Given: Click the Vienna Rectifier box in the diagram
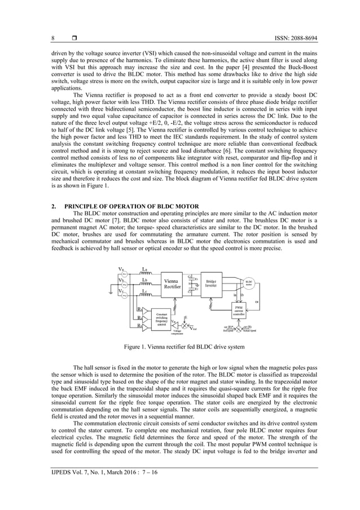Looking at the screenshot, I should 172,284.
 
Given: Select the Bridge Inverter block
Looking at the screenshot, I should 211,284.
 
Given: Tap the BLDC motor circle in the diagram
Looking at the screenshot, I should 249,282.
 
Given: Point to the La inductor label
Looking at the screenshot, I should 144,269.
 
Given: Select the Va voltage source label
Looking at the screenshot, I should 121,269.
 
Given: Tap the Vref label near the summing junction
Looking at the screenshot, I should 194,329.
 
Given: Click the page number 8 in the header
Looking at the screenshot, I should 53,38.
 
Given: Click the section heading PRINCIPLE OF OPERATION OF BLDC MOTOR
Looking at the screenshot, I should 125,207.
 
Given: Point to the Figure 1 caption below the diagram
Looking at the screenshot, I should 180,346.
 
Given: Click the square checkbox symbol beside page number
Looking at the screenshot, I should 74,38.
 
